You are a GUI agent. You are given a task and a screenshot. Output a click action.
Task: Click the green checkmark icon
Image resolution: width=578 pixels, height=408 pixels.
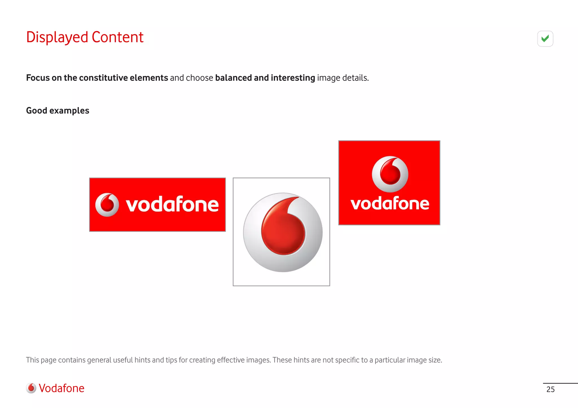point(545,39)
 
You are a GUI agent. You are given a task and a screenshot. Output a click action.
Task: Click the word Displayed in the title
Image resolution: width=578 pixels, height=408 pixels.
point(57,37)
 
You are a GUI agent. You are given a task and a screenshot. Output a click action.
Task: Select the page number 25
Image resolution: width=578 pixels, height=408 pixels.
point(550,389)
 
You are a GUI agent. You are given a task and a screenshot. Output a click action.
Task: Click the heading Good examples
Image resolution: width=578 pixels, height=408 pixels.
point(58,111)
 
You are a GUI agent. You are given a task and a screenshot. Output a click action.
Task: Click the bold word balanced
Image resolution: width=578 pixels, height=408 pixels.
point(233,78)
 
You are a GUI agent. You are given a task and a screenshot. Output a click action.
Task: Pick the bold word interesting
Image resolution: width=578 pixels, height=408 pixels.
point(293,78)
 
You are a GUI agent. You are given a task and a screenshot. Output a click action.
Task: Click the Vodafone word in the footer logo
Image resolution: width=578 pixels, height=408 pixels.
point(62,388)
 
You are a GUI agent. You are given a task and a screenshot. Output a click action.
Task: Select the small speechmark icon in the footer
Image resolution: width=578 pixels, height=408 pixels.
point(31,388)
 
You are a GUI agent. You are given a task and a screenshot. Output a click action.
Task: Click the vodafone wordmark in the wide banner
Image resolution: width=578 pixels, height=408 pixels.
point(172,204)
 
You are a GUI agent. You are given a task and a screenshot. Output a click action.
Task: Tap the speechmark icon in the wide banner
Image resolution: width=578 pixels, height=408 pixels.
point(107,205)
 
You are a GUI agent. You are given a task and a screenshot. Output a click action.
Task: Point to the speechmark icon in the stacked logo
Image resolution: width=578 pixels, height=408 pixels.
point(390,174)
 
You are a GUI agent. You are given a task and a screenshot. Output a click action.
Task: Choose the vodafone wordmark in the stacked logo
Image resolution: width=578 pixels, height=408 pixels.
point(390,203)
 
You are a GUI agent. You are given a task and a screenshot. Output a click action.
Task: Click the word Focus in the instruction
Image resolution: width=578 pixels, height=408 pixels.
point(38,78)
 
